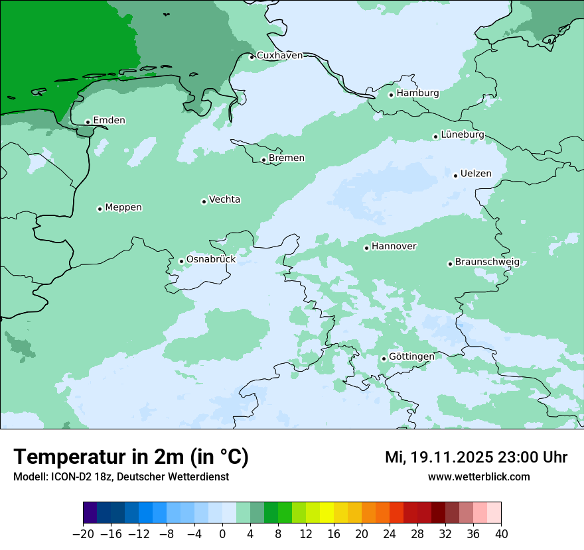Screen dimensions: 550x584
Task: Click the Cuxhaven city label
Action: (x=279, y=56)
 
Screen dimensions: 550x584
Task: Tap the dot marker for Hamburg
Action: (x=392, y=95)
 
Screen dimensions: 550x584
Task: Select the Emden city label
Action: (x=109, y=121)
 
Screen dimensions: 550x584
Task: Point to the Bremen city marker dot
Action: (x=263, y=160)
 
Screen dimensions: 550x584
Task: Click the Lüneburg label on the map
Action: (x=463, y=135)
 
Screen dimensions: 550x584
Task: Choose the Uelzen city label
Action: (x=476, y=174)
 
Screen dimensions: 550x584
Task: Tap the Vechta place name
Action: (x=224, y=200)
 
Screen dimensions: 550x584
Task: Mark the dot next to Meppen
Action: (x=100, y=209)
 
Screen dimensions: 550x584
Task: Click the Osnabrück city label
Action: (x=210, y=260)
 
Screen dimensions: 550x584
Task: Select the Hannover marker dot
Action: (x=366, y=248)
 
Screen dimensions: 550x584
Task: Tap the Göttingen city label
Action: (x=411, y=357)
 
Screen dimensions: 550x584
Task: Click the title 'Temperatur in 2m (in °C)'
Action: (x=131, y=457)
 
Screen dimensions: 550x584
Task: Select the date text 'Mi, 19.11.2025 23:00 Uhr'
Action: (x=476, y=457)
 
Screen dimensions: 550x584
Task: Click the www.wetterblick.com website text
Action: (x=478, y=477)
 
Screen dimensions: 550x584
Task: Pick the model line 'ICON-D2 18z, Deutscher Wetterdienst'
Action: (x=121, y=477)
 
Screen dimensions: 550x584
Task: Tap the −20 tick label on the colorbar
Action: (x=83, y=534)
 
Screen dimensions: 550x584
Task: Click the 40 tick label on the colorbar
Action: (x=501, y=534)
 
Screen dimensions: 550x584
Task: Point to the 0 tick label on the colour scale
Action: (x=222, y=534)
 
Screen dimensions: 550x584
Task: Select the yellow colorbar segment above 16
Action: (x=327, y=513)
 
